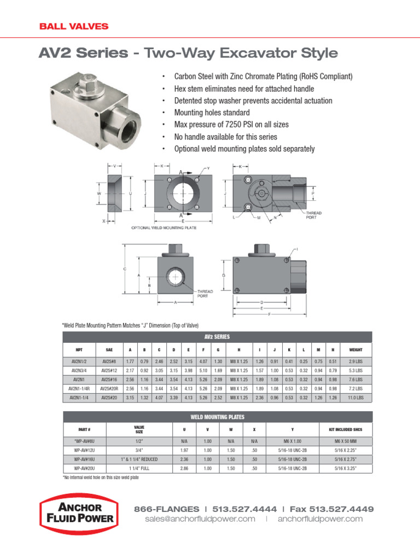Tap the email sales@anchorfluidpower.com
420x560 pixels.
click(x=200, y=519)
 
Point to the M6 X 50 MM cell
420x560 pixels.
click(x=346, y=442)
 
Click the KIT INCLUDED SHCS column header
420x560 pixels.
click(x=346, y=429)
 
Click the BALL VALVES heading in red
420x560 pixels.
click(x=73, y=26)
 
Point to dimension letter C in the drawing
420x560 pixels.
click(x=125, y=270)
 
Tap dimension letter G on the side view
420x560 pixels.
click(x=224, y=275)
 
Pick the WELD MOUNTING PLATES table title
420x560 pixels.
click(x=218, y=417)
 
